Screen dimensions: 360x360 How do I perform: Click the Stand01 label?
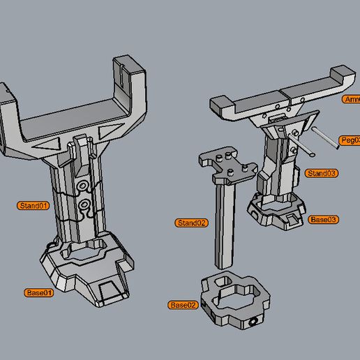pos(33,206)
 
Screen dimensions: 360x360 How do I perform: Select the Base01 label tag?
pos(38,292)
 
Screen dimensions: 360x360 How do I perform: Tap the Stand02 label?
pos(192,223)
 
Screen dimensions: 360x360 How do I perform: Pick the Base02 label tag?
pos(183,305)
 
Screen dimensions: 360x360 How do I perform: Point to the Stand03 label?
pos(322,173)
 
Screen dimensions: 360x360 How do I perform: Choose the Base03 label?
pos(324,219)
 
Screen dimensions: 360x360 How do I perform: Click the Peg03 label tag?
pos(349,140)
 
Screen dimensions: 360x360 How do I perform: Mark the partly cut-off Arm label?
pos(352,100)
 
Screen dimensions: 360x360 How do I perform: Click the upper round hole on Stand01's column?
pos(84,186)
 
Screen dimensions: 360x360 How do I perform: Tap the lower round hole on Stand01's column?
pos(84,204)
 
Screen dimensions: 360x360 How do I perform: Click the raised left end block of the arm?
pos(223,106)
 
